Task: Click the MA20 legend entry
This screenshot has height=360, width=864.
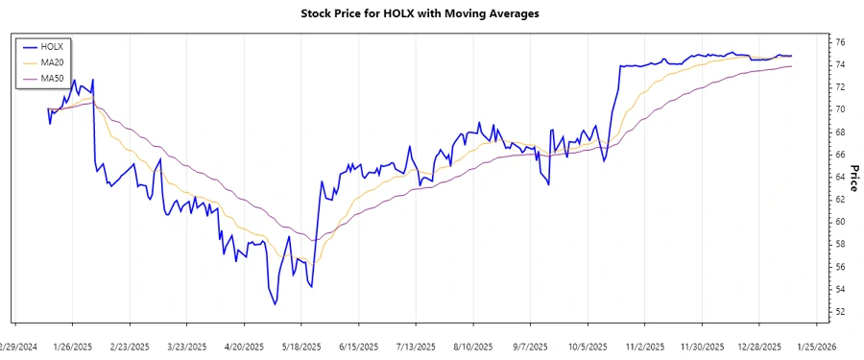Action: pyautogui.click(x=52, y=61)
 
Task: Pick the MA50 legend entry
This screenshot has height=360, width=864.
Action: pyautogui.click(x=52, y=78)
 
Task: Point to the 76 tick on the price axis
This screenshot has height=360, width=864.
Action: pyautogui.click(x=839, y=42)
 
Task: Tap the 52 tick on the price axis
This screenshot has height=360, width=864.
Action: pyautogui.click(x=839, y=312)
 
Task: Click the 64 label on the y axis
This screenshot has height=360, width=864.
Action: pyautogui.click(x=839, y=177)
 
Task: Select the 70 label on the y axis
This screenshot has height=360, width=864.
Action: pyautogui.click(x=839, y=109)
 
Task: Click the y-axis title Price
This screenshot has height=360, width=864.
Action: pyautogui.click(x=854, y=178)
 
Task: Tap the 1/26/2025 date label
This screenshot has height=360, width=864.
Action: pyautogui.click(x=73, y=346)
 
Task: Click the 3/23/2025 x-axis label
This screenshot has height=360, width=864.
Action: pyautogui.click(x=187, y=346)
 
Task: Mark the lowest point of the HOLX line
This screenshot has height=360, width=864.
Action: pyautogui.click(x=275, y=305)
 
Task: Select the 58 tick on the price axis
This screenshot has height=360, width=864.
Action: pyautogui.click(x=839, y=244)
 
